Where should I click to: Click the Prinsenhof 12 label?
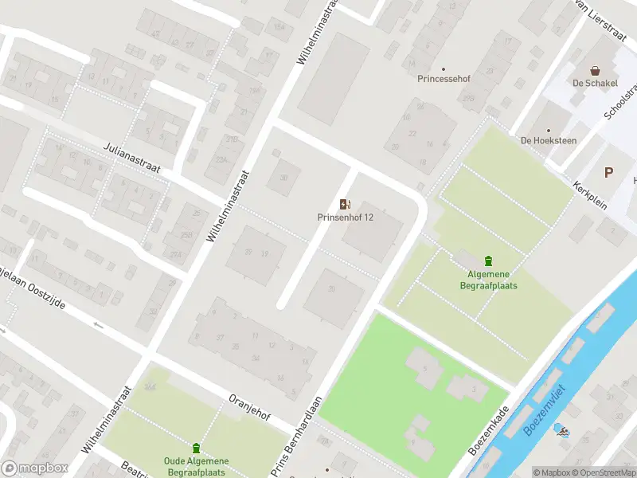pos(346,217)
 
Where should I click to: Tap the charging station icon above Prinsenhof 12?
pos(345,204)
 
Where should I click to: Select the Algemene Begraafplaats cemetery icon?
pos(488,261)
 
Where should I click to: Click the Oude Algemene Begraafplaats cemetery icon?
pos(196,449)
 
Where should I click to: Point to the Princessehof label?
pos(443,79)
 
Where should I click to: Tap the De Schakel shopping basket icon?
pos(595,71)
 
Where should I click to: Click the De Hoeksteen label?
pos(548,140)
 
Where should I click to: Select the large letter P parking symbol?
pos(610,172)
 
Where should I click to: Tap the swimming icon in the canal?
pos(564,433)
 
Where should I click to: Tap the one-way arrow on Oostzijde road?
pos(99,324)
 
